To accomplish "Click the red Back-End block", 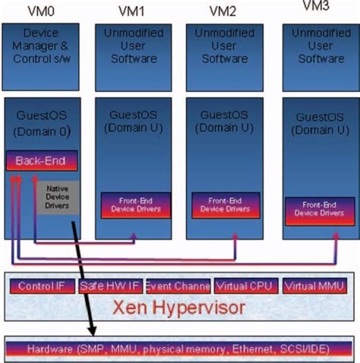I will (x=42, y=161).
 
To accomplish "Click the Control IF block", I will (x=42, y=286).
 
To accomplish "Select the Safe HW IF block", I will (x=109, y=286).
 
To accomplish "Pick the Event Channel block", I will (x=177, y=286).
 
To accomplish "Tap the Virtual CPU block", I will (x=245, y=286).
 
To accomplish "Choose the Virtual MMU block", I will (x=314, y=286).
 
